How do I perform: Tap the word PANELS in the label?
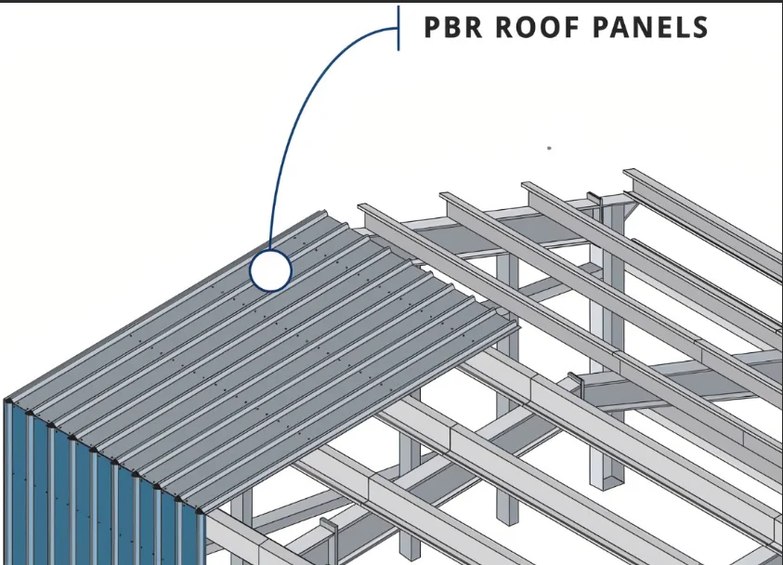tap(648, 27)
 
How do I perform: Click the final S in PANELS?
tap(698, 27)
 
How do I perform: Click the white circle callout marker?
tap(270, 271)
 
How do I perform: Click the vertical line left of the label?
tap(398, 28)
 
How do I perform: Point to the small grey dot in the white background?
tap(549, 148)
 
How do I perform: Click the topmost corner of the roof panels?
tap(321, 212)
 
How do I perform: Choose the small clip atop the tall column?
tap(592, 198)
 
